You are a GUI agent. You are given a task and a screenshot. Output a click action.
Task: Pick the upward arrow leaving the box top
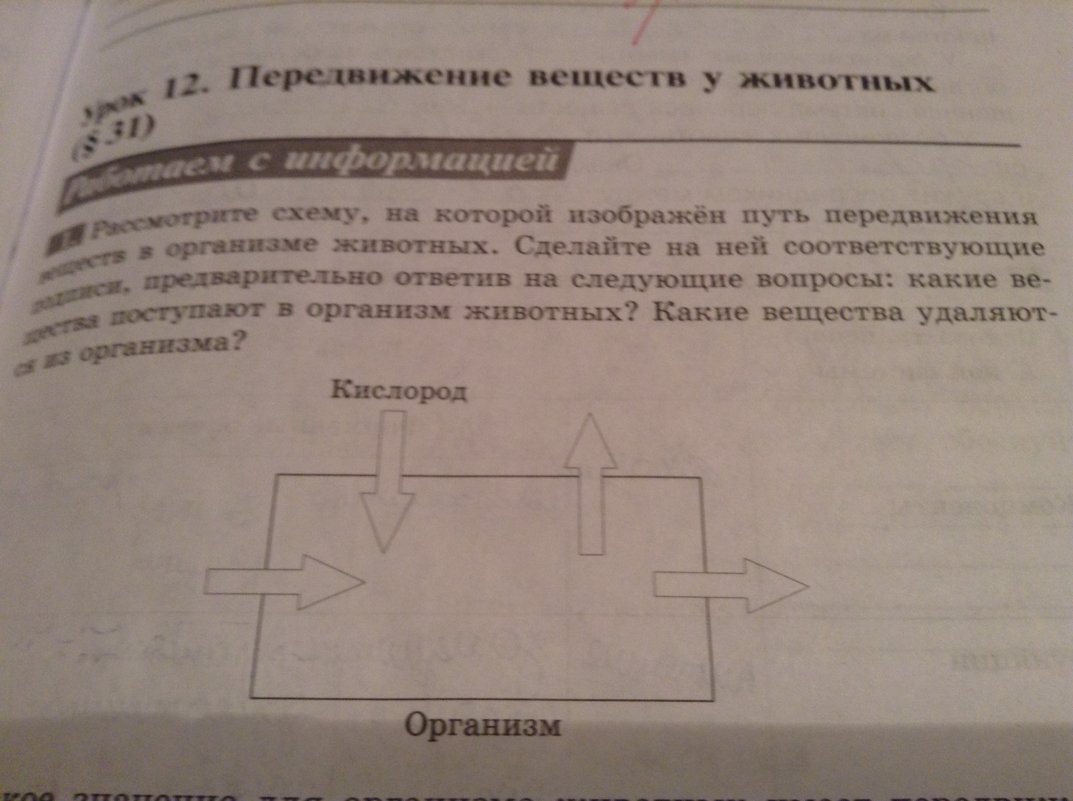590,485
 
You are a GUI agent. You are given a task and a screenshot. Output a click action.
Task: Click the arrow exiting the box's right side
730,585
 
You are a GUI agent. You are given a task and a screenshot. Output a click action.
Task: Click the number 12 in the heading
181,90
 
